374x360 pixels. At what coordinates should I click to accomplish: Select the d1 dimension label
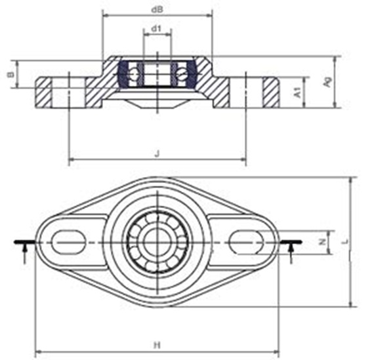(156, 29)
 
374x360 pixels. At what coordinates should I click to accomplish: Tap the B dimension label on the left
(10, 75)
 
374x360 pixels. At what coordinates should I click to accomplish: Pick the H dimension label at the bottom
(156, 344)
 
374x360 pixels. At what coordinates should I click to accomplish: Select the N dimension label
(322, 241)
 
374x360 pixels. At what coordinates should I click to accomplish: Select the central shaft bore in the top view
(157, 240)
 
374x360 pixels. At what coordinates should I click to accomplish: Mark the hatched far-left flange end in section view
(44, 92)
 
